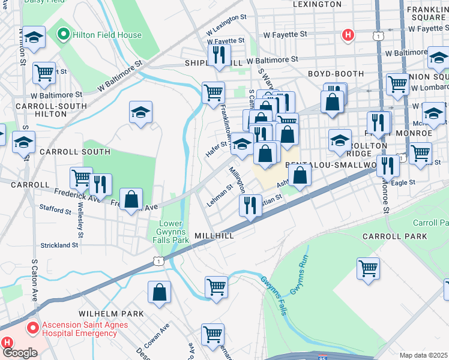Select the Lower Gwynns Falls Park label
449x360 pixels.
pyautogui.click(x=173, y=232)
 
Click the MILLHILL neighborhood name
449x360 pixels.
pyautogui.click(x=214, y=236)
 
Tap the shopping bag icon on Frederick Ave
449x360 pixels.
pyautogui.click(x=131, y=199)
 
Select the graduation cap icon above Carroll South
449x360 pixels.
pyautogui.click(x=140, y=112)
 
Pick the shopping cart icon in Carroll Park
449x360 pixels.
pyautogui.click(x=368, y=268)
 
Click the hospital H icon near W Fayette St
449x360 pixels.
pyautogui.click(x=348, y=35)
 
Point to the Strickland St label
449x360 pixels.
pyautogui.click(x=59, y=245)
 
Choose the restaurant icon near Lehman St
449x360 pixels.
pyautogui.click(x=250, y=205)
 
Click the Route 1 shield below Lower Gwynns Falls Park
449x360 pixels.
pyautogui.click(x=158, y=260)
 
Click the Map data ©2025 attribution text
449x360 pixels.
pyautogui.click(x=423, y=355)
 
